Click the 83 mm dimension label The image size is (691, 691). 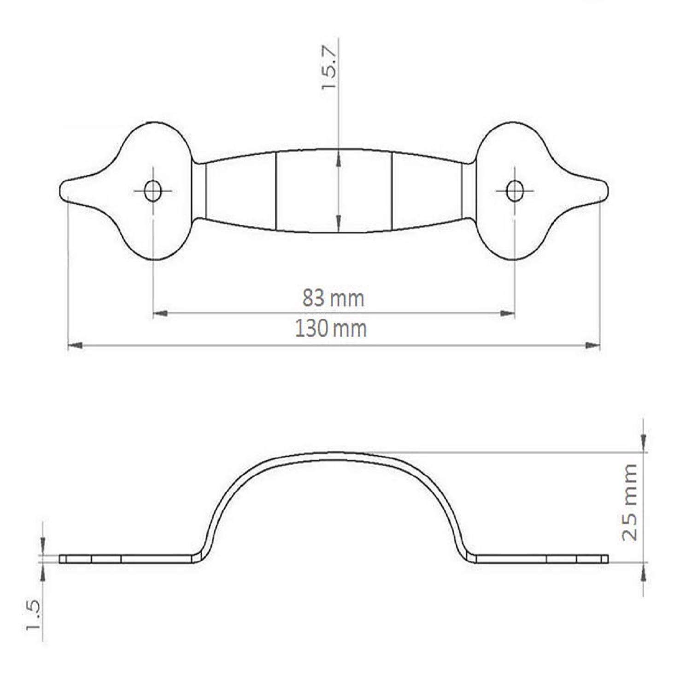333,299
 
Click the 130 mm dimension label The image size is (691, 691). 331,329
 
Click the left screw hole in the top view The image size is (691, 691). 152,190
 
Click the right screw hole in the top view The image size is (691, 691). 515,190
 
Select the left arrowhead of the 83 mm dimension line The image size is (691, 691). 159,314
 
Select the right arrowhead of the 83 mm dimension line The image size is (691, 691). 508,314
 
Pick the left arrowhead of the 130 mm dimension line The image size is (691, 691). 75,345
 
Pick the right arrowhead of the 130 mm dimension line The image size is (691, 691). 593,345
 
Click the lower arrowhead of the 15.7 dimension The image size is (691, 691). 339,223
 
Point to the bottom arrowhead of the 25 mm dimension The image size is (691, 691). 644,570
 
